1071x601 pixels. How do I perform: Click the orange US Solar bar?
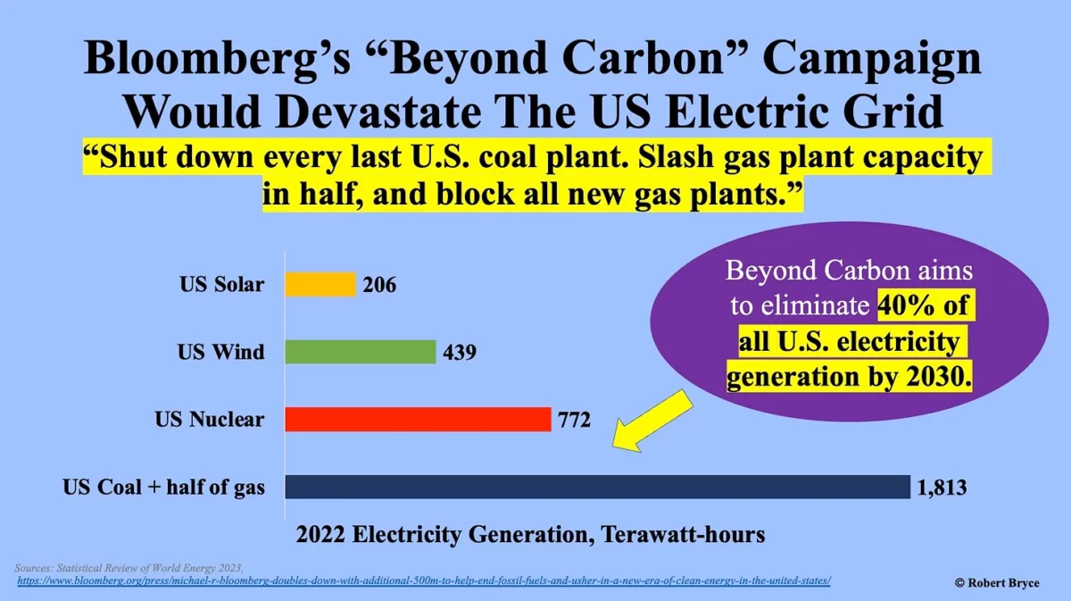pyautogui.click(x=320, y=285)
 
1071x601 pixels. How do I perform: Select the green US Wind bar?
pyautogui.click(x=361, y=352)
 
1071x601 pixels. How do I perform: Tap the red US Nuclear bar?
pyautogui.click(x=418, y=419)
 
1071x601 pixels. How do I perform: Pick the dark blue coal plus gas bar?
pyautogui.click(x=597, y=487)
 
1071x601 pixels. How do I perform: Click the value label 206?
pyautogui.click(x=379, y=286)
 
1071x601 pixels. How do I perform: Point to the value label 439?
pyautogui.click(x=460, y=353)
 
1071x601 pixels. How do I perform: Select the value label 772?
pyautogui.click(x=574, y=420)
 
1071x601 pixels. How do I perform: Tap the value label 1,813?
pyautogui.click(x=942, y=488)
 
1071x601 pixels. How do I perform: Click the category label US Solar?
pyautogui.click(x=222, y=285)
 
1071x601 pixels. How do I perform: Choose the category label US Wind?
pyautogui.click(x=220, y=352)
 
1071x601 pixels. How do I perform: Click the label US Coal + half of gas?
pyautogui.click(x=163, y=488)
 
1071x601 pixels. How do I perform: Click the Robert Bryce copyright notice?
pyautogui.click(x=996, y=582)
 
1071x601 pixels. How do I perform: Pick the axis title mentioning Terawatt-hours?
pyautogui.click(x=530, y=536)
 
